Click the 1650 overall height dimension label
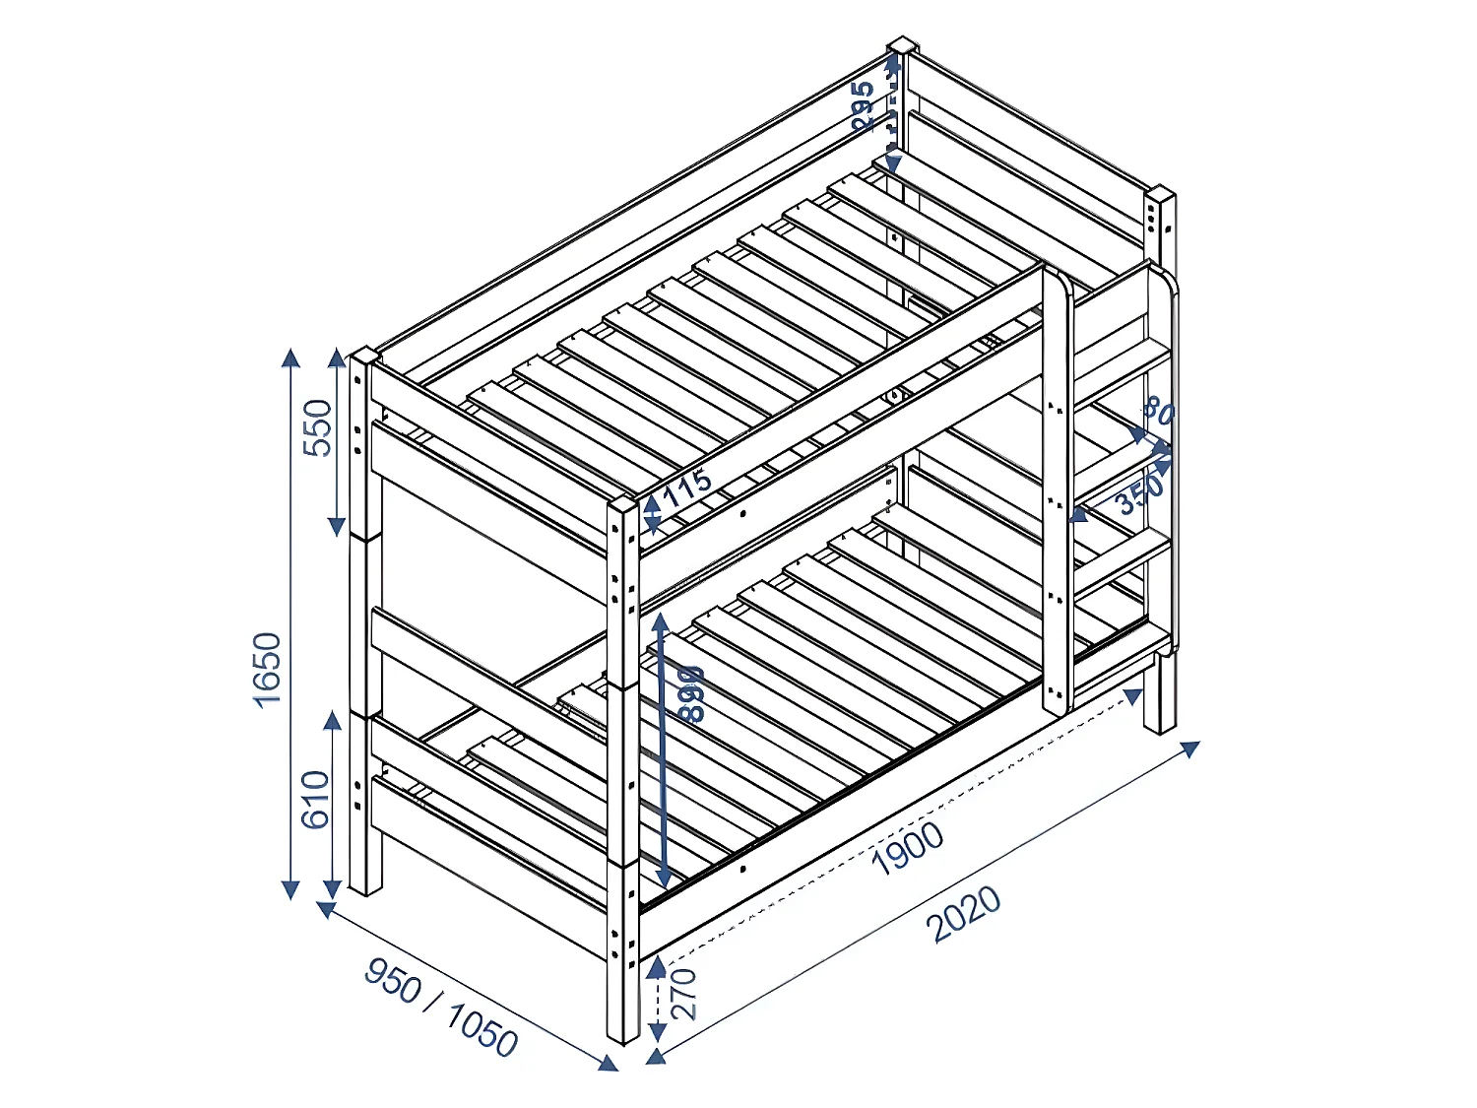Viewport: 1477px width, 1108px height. click(267, 670)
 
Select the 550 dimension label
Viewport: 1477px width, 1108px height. click(318, 427)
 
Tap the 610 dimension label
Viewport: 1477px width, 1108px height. click(315, 799)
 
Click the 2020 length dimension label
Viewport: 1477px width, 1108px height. click(965, 914)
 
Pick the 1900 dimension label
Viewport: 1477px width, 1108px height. click(908, 848)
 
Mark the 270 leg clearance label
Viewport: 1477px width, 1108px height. click(683, 994)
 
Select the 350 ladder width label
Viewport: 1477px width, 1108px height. click(1139, 494)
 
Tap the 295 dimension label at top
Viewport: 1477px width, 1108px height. click(863, 106)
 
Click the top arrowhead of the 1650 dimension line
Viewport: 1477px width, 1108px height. click(290, 357)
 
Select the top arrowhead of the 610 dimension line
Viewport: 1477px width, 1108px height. click(333, 721)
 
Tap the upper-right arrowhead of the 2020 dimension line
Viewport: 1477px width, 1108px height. click(1190, 749)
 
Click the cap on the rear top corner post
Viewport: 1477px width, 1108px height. click(902, 45)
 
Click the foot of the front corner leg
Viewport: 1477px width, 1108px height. click(623, 1036)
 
